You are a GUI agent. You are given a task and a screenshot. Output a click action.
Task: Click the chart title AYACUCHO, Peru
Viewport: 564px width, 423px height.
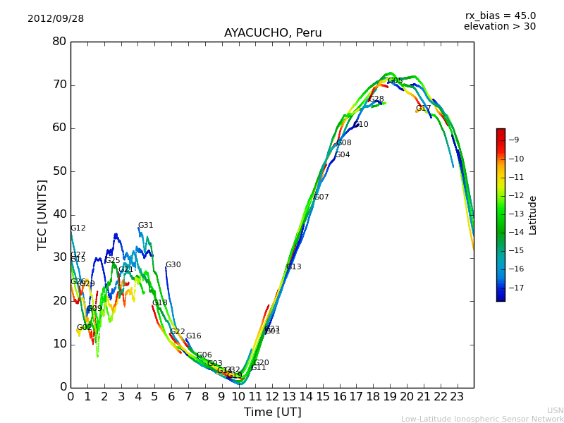click(x=273, y=33)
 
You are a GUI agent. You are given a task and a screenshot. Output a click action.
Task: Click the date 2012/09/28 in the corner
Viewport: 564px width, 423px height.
click(x=56, y=19)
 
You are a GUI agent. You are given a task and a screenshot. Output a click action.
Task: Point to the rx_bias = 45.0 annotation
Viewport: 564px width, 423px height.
click(x=500, y=16)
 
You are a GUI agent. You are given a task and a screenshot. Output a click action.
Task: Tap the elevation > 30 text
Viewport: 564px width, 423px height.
click(x=499, y=27)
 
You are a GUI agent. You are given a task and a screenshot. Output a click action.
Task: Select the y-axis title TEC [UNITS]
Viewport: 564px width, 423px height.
click(x=43, y=215)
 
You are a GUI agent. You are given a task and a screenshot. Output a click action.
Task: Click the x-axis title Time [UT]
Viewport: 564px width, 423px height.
click(x=272, y=412)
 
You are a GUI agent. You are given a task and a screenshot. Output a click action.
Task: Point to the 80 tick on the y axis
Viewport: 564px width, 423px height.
click(x=59, y=42)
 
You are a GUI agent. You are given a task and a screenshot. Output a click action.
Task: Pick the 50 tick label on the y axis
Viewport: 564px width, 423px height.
click(x=59, y=171)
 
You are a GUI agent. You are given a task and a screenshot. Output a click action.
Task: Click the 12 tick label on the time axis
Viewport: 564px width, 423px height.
click(x=272, y=397)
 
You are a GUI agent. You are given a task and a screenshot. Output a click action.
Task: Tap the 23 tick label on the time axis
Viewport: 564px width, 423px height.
click(x=457, y=397)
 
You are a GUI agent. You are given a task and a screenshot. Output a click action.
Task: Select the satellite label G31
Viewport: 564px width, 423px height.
click(x=145, y=226)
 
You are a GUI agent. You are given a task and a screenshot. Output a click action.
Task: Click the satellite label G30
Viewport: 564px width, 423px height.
click(x=173, y=265)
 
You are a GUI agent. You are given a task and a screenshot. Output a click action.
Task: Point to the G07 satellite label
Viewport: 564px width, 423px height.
click(x=321, y=197)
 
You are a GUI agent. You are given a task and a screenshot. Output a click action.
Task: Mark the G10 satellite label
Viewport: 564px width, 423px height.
click(x=361, y=125)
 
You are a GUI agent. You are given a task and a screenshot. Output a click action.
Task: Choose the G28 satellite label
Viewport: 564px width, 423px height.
click(x=376, y=99)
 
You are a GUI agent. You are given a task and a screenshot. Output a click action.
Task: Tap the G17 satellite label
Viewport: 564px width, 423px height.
click(x=423, y=109)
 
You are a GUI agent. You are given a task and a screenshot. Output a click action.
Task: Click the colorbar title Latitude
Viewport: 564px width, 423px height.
click(x=533, y=215)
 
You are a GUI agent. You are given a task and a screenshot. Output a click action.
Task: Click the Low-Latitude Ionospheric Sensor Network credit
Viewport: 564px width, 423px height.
click(x=482, y=419)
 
